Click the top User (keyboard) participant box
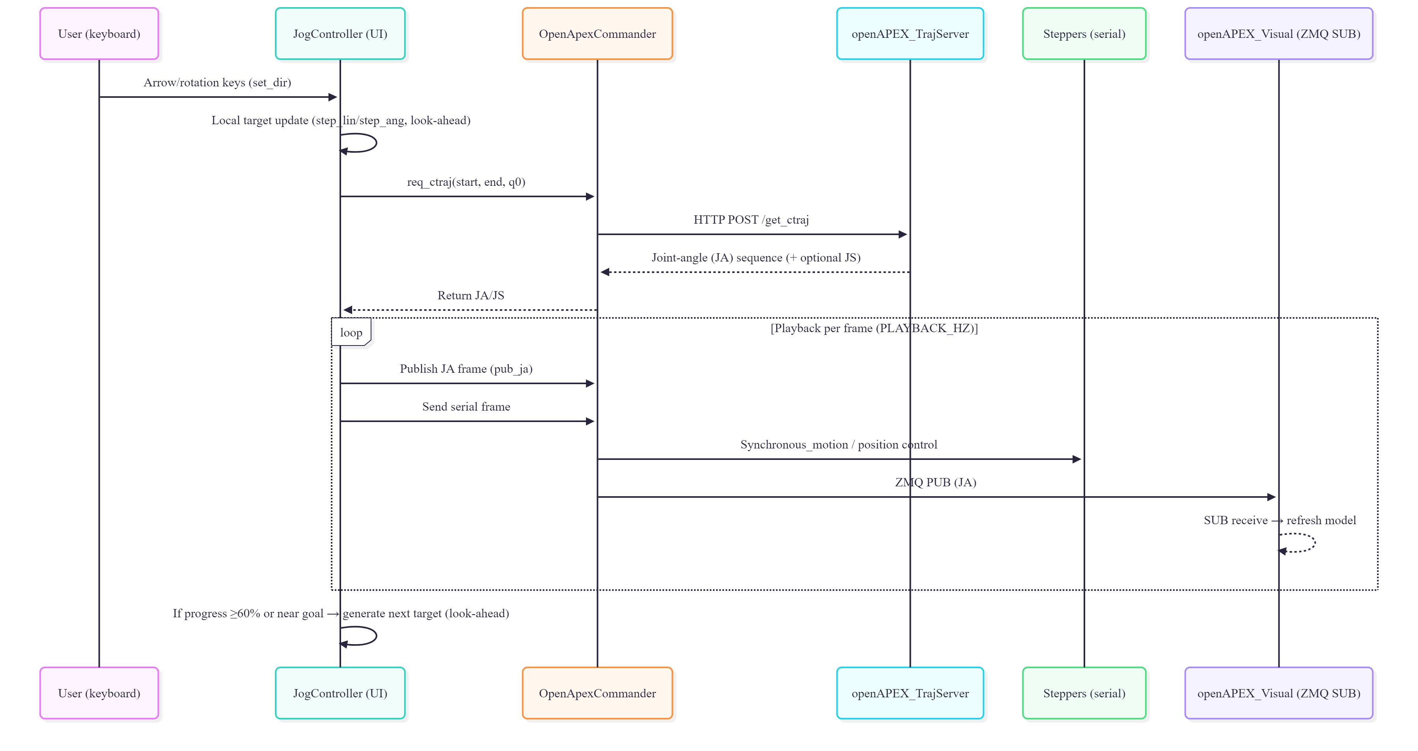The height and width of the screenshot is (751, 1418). click(99, 34)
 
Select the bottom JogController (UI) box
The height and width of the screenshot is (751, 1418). click(340, 693)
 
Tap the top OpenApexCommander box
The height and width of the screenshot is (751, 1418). click(597, 34)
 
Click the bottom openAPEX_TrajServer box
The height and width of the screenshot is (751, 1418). click(910, 693)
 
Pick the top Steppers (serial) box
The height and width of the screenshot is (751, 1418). click(1084, 34)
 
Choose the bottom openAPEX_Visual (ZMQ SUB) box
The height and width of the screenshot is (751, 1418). click(1278, 693)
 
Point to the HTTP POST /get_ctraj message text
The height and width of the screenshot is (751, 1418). click(751, 220)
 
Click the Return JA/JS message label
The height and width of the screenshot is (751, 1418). click(471, 295)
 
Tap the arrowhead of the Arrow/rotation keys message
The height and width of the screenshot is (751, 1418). click(332, 97)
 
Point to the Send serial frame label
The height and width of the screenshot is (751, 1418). click(466, 406)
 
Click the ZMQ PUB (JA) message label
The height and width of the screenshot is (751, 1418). click(935, 482)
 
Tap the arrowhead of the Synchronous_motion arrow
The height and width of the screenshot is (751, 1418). click(1077, 459)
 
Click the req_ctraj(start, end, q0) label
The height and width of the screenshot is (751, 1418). click(466, 182)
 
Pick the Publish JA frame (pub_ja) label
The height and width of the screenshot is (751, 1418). click(466, 368)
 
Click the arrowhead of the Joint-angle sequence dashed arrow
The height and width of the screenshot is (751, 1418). click(605, 272)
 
